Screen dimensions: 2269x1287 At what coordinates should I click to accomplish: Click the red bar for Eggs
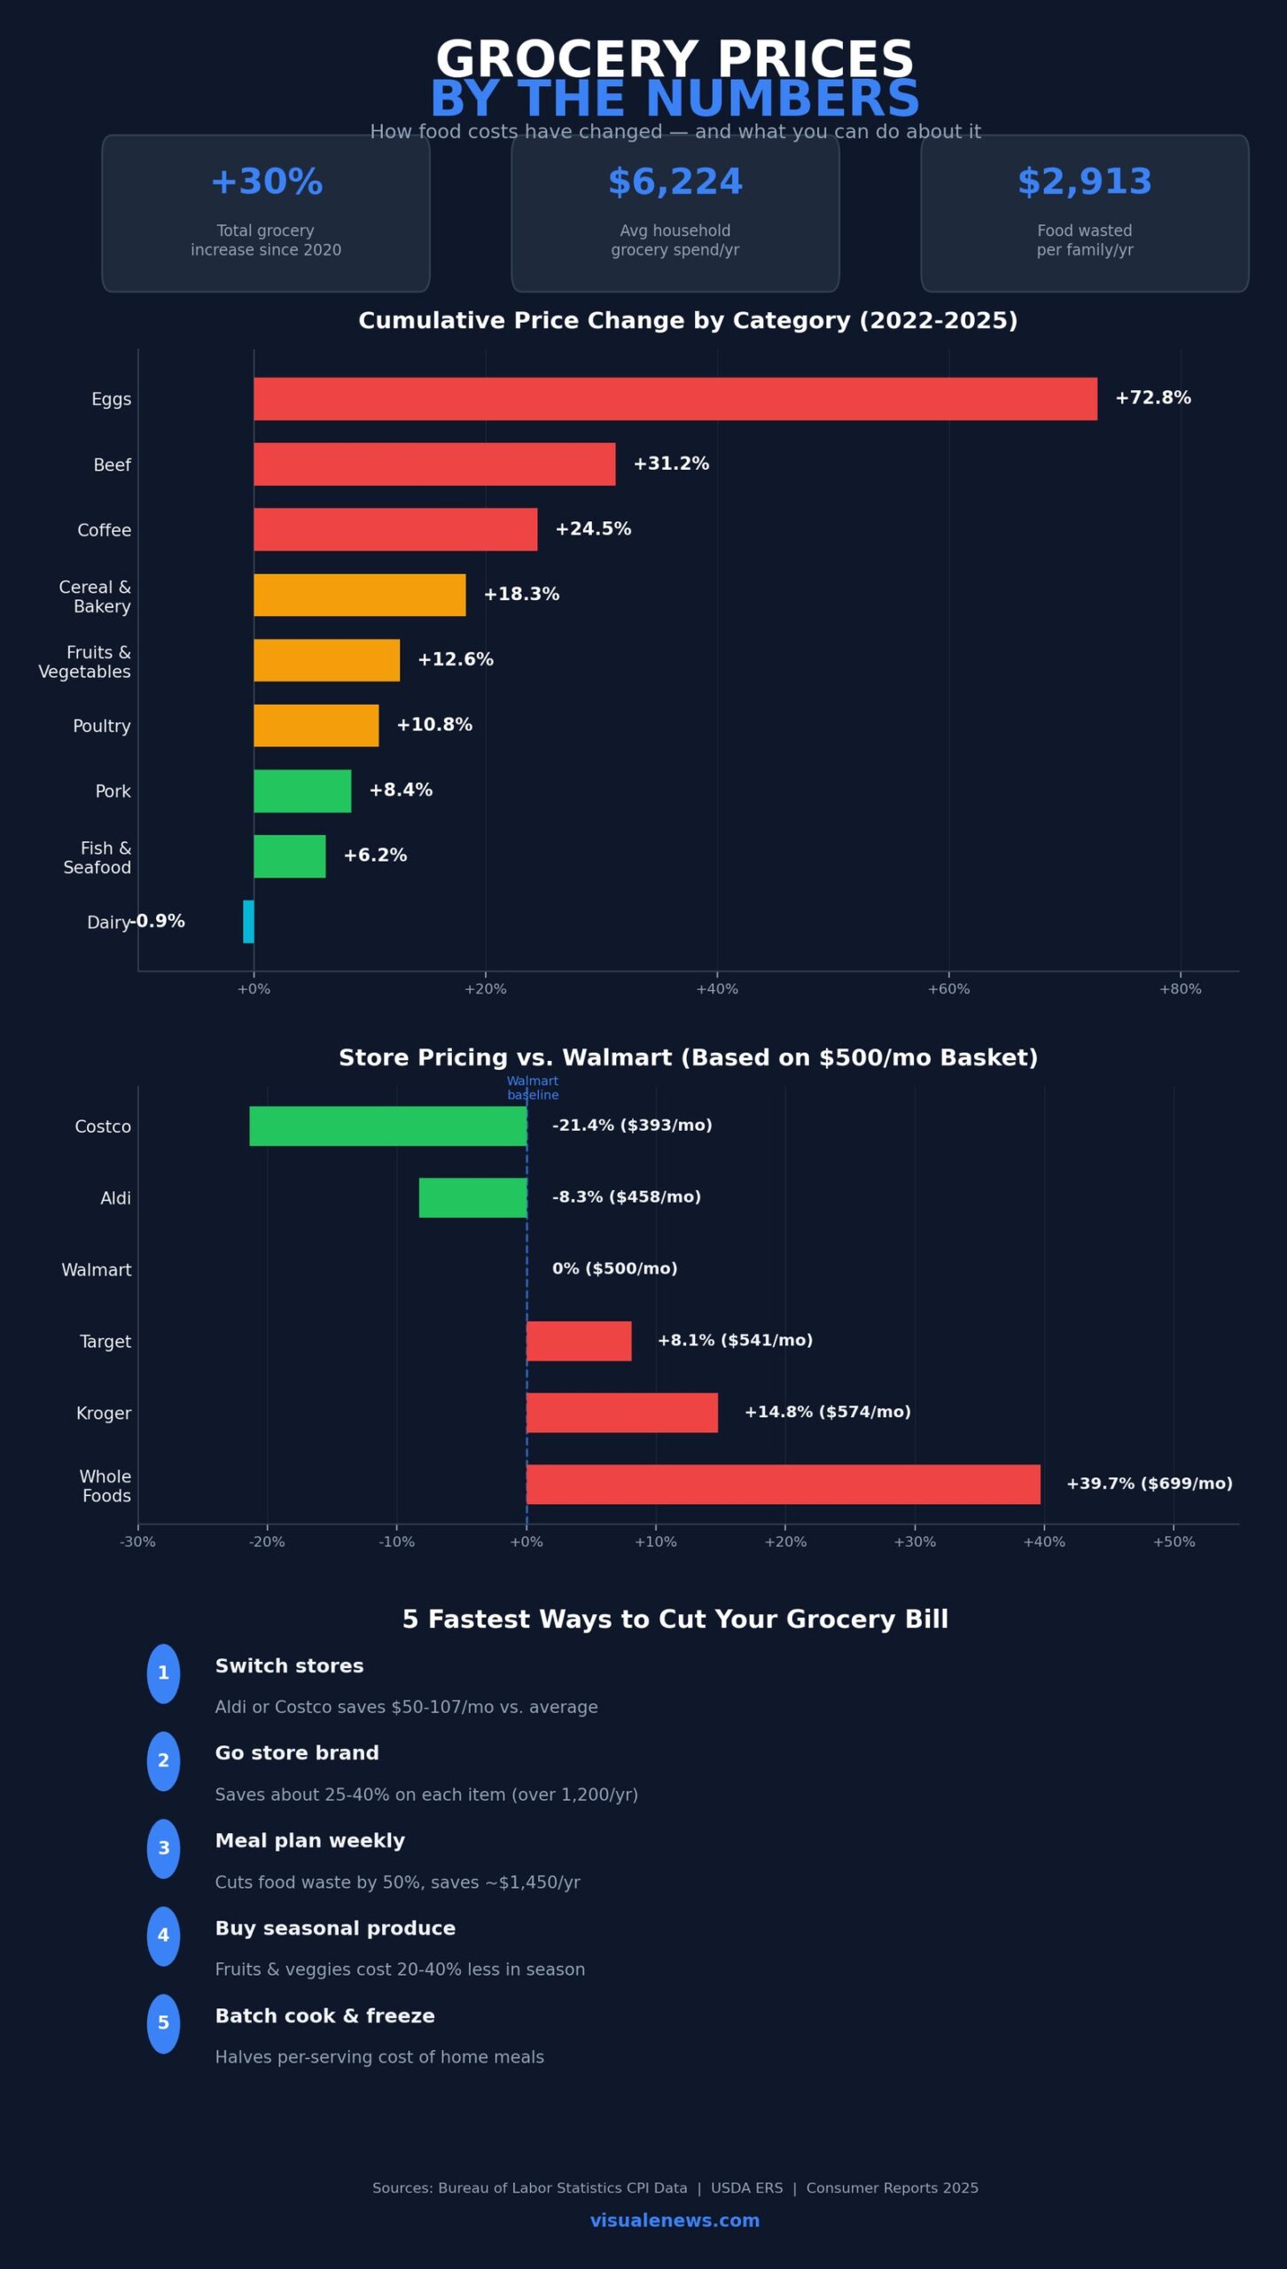point(675,399)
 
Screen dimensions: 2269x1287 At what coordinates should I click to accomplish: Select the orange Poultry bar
point(316,725)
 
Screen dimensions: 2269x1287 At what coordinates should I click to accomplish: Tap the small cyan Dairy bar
point(248,921)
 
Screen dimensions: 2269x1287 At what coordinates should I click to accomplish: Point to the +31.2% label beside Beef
point(671,464)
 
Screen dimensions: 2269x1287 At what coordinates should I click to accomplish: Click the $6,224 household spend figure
point(675,182)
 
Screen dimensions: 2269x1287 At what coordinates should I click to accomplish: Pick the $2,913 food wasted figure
point(1084,182)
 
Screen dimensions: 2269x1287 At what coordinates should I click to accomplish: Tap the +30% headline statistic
point(266,182)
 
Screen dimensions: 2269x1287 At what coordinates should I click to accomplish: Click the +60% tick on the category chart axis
point(948,989)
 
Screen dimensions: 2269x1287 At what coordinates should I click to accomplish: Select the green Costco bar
point(387,1126)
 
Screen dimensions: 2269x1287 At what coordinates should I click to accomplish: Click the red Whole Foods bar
point(783,1484)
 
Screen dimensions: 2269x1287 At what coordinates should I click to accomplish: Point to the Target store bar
point(579,1340)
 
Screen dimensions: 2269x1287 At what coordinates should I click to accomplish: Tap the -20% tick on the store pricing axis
point(267,1542)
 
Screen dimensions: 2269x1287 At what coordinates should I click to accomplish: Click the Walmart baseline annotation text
point(533,1088)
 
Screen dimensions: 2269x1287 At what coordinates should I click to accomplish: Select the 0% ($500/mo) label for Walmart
point(614,1268)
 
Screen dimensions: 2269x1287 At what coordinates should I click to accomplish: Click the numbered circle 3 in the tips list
point(163,1848)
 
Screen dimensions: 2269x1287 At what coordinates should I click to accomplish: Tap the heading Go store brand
point(297,1753)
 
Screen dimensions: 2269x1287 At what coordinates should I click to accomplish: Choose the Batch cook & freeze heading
point(324,2016)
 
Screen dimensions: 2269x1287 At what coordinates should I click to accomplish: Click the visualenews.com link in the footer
point(675,2220)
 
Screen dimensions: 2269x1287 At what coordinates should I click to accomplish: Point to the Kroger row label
point(104,1413)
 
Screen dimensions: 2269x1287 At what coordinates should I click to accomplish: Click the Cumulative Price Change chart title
point(688,321)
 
